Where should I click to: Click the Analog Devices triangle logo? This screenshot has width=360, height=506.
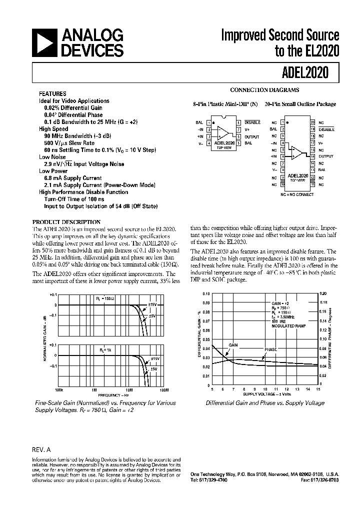click(44, 43)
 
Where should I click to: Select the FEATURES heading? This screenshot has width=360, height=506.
click(52, 93)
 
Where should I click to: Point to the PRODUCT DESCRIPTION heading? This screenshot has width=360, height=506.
click(66, 222)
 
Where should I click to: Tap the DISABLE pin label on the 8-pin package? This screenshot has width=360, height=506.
click(252, 122)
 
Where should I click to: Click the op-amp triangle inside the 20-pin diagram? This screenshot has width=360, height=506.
click(297, 150)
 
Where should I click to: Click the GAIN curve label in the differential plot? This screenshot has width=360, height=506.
click(233, 345)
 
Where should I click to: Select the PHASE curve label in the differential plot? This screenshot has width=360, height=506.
click(270, 349)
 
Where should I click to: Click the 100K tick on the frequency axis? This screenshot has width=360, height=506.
click(58, 389)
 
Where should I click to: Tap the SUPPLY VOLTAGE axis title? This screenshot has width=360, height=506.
click(265, 394)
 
